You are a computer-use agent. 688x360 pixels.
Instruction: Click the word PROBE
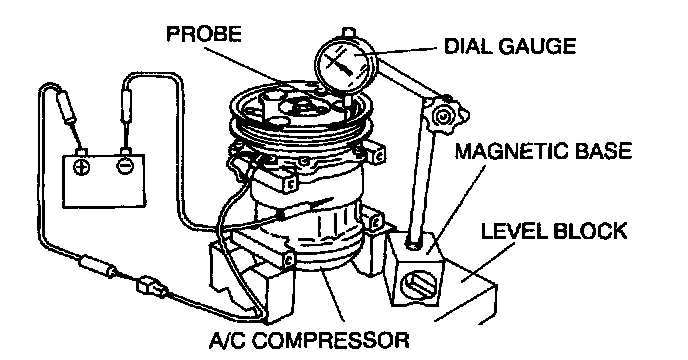tap(204, 34)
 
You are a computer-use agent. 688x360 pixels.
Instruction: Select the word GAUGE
tap(538, 46)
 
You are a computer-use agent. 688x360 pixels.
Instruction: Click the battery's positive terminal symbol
tap(82, 166)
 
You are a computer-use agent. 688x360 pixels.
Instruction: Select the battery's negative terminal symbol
tap(124, 166)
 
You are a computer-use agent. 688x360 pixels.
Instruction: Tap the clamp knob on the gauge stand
tap(443, 116)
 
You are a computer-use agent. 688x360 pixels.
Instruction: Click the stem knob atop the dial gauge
tap(348, 32)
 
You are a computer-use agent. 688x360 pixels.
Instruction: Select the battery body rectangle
tap(104, 180)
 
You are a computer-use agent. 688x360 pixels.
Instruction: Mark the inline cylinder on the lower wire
tap(97, 266)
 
